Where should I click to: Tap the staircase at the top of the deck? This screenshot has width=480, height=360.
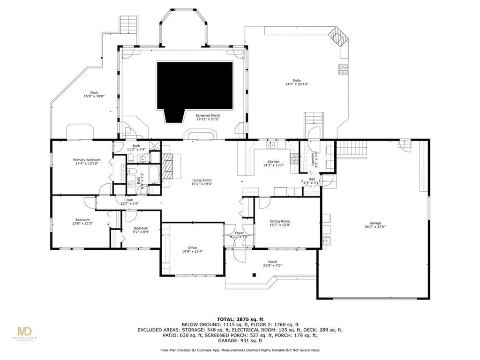click(127, 24)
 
